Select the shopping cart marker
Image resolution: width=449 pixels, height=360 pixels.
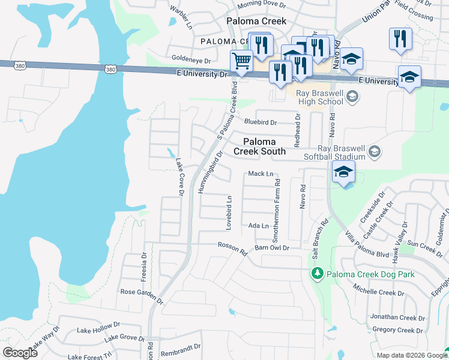point(241,61)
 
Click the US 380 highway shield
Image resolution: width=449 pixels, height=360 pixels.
point(110,70)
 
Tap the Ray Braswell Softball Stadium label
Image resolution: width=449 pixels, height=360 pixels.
point(341,152)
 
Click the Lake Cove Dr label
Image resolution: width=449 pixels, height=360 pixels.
point(179,176)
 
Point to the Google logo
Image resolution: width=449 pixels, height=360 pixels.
point(20,353)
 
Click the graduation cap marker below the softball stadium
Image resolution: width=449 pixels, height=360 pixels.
point(344,172)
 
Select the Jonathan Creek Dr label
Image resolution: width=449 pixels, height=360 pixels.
point(397,317)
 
